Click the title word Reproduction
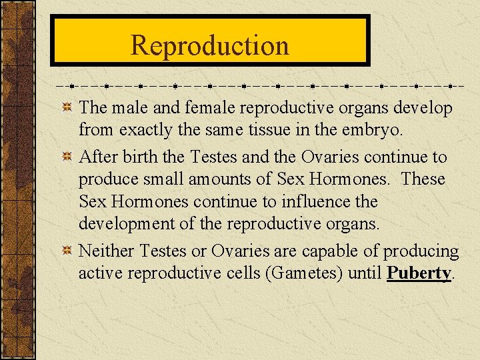click(x=210, y=45)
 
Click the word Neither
click(x=107, y=251)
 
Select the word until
click(x=365, y=273)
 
